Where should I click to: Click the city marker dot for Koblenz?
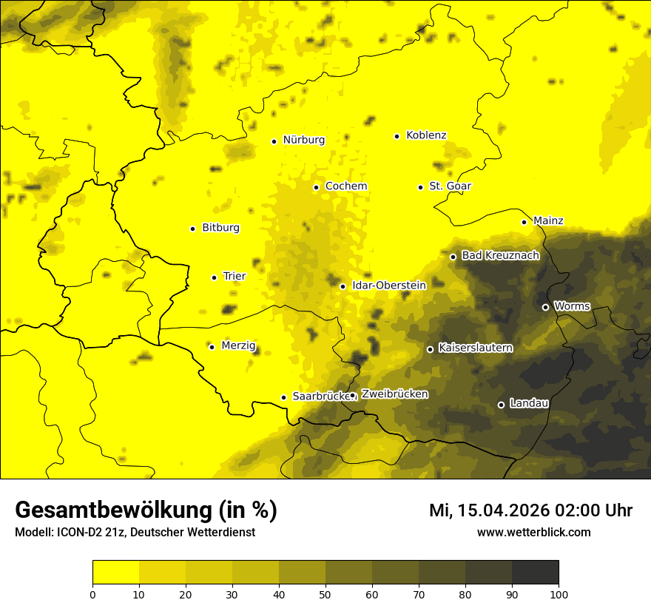point(397,136)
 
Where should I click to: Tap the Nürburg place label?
point(303,140)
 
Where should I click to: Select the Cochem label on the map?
point(346,186)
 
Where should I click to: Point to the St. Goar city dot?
point(420,187)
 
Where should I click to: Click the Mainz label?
point(548,220)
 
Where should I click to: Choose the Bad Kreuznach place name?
point(500,255)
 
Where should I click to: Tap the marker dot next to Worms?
point(545,307)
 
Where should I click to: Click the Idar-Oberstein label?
point(388,285)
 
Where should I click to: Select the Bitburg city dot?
point(192,229)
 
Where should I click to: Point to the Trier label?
point(235,276)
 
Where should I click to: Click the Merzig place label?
point(238,345)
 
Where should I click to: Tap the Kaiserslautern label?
point(475,348)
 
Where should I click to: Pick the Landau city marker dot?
point(501,405)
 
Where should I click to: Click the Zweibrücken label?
point(394,394)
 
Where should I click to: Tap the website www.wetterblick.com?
point(533,532)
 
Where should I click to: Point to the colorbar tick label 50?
point(325,594)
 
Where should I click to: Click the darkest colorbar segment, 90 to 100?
point(535,573)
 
